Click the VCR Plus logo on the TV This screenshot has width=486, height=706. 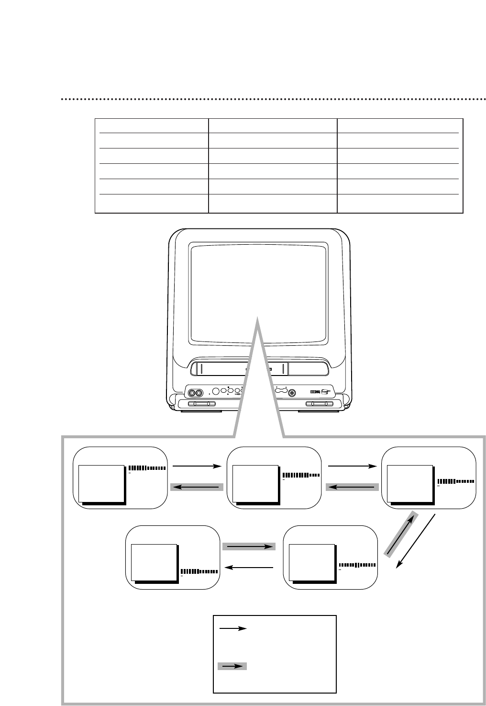(x=326, y=391)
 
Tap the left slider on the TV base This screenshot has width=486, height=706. (x=201, y=404)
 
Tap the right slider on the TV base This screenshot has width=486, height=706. (x=320, y=404)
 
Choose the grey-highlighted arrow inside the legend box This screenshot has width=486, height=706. (x=232, y=666)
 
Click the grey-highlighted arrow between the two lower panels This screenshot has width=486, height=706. (x=249, y=546)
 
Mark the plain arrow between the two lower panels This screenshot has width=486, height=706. (x=249, y=568)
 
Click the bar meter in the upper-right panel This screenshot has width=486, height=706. (x=455, y=481)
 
